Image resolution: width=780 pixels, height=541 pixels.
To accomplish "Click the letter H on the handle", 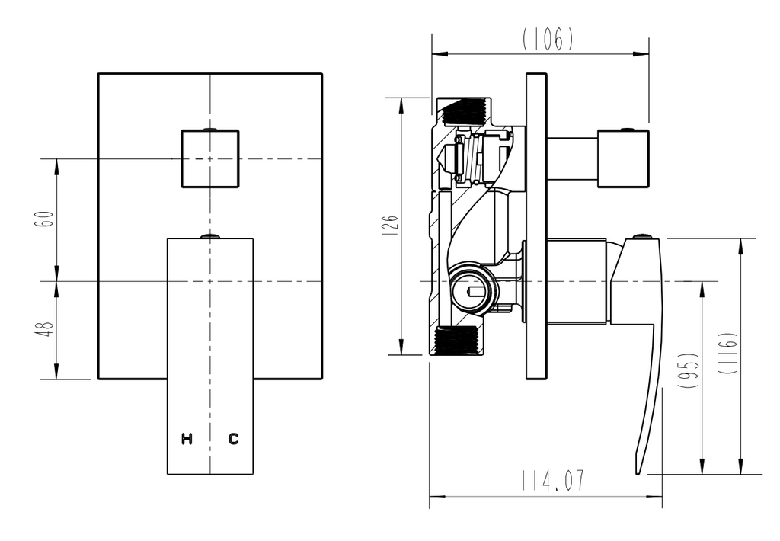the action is pyautogui.click(x=187, y=439).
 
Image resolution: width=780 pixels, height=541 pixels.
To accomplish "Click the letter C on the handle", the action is pyautogui.click(x=233, y=439).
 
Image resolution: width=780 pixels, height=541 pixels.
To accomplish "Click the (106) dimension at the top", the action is pyautogui.click(x=548, y=39).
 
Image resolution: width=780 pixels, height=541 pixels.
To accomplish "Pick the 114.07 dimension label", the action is pyautogui.click(x=553, y=480).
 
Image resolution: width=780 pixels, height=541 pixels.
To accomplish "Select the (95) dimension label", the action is pyautogui.click(x=689, y=370).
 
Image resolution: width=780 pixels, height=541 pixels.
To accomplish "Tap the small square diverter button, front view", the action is pyautogui.click(x=210, y=158).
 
